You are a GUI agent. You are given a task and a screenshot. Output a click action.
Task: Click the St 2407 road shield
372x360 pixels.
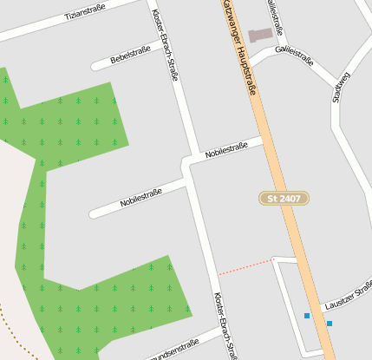[284, 199]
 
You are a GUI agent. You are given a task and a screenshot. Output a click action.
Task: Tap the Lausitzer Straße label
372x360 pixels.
[348, 298]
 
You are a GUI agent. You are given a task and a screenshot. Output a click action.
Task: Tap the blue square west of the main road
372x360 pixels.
[307, 316]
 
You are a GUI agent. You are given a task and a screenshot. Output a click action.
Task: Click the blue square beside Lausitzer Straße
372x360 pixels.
[330, 324]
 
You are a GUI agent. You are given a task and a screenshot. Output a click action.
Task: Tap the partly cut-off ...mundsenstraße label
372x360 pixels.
[173, 351]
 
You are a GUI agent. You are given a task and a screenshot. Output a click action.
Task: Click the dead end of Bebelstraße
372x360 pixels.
[94, 66]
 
